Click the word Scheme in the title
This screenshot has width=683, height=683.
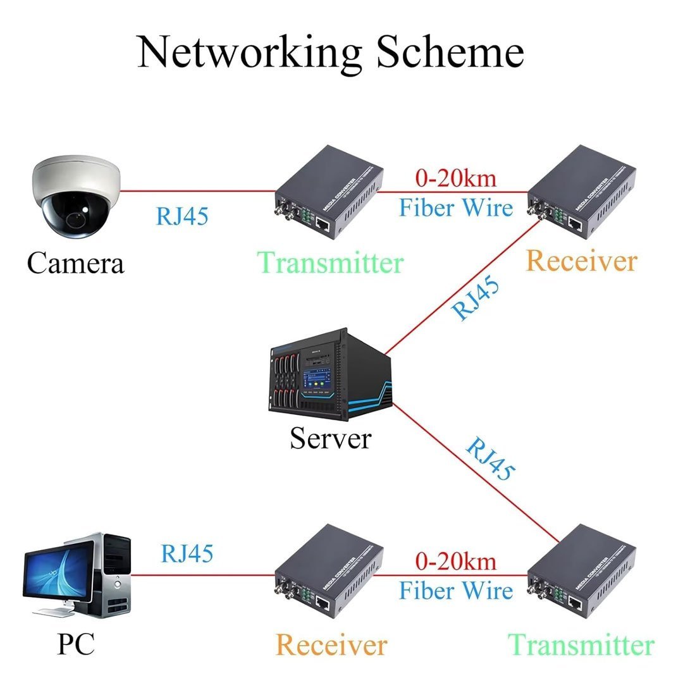[x=450, y=52]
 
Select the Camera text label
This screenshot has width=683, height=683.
[x=75, y=262]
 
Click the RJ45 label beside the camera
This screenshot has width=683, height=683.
[x=182, y=216]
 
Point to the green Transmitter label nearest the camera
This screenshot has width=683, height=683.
[x=331, y=262]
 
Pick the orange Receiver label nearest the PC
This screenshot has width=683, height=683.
[x=331, y=645]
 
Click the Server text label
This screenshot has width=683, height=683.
[x=330, y=438]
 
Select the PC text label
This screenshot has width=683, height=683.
[x=76, y=644]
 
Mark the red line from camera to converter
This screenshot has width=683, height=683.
[x=196, y=190]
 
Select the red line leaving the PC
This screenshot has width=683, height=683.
[x=202, y=575]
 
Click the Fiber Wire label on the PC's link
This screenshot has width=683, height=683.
[x=455, y=591]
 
